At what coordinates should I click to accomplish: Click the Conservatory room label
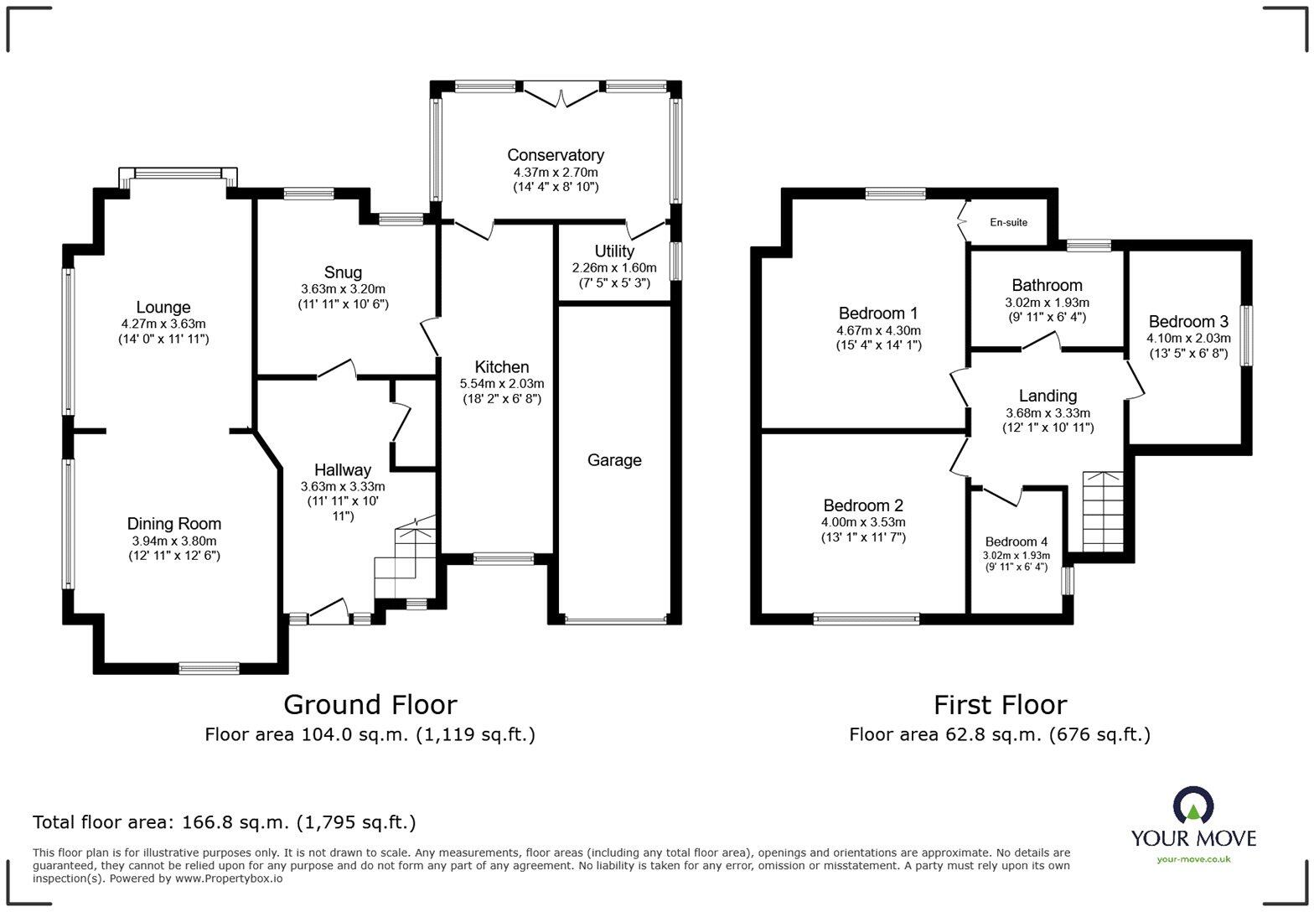coord(555,155)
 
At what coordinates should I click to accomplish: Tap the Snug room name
coord(343,272)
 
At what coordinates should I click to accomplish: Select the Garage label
coord(614,460)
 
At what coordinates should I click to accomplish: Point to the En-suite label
coord(1008,222)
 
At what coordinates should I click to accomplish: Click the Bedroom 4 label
coord(1016,541)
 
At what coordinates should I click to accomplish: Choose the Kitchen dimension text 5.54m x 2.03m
coord(501,384)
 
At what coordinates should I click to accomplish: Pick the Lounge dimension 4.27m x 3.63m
coord(163,324)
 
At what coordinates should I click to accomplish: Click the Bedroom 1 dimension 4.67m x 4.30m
coord(878,330)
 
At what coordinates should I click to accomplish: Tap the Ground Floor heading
coord(370,704)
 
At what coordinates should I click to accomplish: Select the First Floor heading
coord(1000,704)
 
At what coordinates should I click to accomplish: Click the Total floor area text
coord(224,822)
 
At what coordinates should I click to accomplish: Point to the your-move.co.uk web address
coord(1193,858)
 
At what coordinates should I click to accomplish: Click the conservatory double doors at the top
coord(561,94)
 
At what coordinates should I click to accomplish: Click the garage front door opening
coord(615,620)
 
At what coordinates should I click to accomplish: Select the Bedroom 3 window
coord(1246,335)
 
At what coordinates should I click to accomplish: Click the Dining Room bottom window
coord(209,668)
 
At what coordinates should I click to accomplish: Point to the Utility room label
coord(614,251)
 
